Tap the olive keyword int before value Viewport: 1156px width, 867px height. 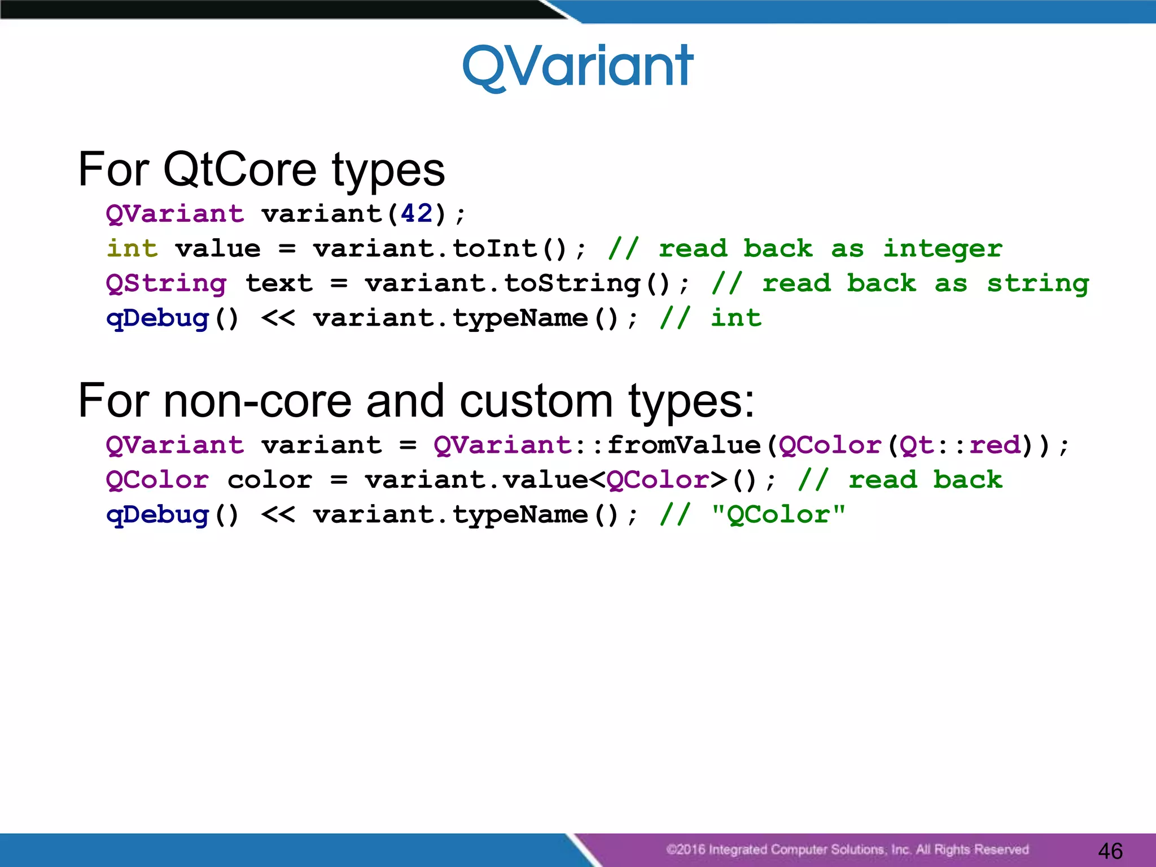[x=132, y=248]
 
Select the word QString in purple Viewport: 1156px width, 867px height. [x=166, y=283]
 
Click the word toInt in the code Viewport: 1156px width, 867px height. [x=495, y=248]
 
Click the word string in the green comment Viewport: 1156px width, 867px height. [x=1037, y=284]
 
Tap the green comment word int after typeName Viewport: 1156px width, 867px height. [x=735, y=318]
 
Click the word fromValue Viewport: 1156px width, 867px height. [x=684, y=445]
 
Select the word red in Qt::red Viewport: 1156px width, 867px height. [x=995, y=445]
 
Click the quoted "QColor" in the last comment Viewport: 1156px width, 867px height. [x=778, y=514]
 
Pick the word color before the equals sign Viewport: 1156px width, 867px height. [x=270, y=480]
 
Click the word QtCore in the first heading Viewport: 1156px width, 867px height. [x=239, y=169]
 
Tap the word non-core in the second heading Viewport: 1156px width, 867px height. [x=257, y=401]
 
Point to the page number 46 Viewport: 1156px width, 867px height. [x=1110, y=851]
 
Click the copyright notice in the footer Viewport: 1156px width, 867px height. [x=847, y=850]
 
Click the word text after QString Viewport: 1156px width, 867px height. [x=279, y=283]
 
